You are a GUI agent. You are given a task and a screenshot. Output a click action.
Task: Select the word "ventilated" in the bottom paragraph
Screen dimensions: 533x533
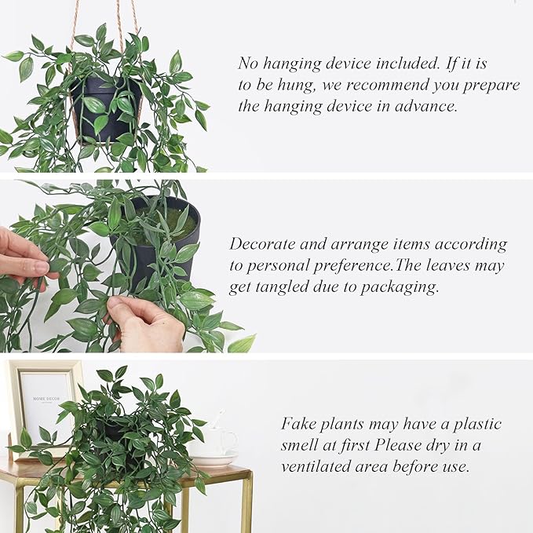coord(319,466)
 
